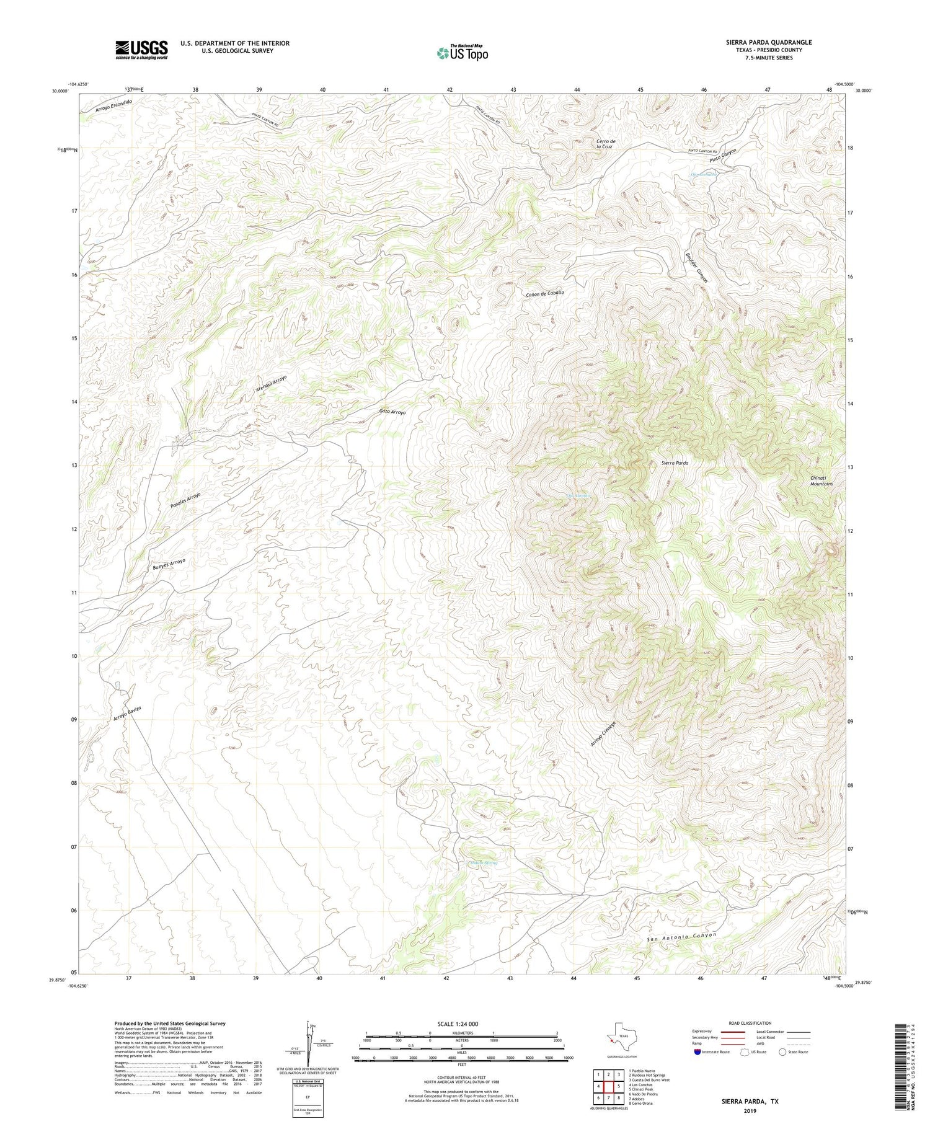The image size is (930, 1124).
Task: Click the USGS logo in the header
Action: point(141,50)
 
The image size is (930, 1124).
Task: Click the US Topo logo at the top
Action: point(462,53)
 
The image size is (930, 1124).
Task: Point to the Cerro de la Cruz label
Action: point(604,144)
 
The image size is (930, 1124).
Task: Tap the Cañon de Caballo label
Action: point(545,294)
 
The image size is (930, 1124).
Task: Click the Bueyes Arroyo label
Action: point(169,564)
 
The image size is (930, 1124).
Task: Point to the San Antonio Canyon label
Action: point(681,937)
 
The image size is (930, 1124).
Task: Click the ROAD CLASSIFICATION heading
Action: point(750,1023)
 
